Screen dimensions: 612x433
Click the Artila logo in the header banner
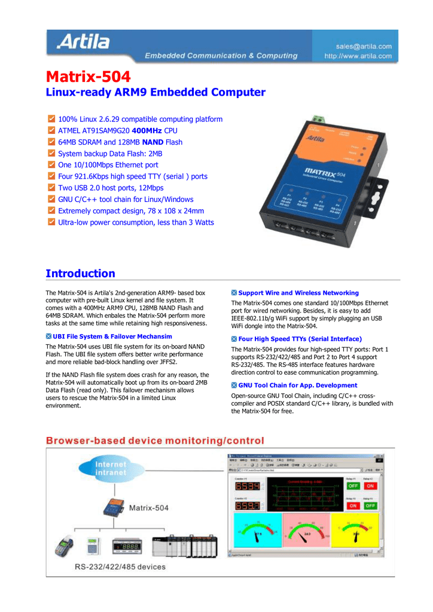pyautogui.click(x=83, y=42)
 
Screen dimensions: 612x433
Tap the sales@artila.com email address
pyautogui.click(x=364, y=46)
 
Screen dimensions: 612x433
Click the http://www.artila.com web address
pyautogui.click(x=358, y=56)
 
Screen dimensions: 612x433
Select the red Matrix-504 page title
pyautogui.click(x=88, y=77)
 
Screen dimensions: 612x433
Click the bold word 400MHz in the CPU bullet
pyautogui.click(x=147, y=130)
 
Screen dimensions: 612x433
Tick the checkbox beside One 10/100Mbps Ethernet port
pyautogui.click(x=51, y=164)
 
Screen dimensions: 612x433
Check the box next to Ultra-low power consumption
pyautogui.click(x=51, y=222)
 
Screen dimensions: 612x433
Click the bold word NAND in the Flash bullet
pyautogui.click(x=153, y=142)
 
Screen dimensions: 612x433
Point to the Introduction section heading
pyautogui.click(x=80, y=274)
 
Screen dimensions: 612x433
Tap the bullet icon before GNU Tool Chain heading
pyautogui.click(x=234, y=385)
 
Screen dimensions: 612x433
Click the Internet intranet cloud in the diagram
pyautogui.click(x=111, y=468)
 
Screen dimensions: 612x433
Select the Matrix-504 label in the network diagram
pyautogui.click(x=149, y=508)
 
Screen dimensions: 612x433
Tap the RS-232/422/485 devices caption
pyautogui.click(x=120, y=566)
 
